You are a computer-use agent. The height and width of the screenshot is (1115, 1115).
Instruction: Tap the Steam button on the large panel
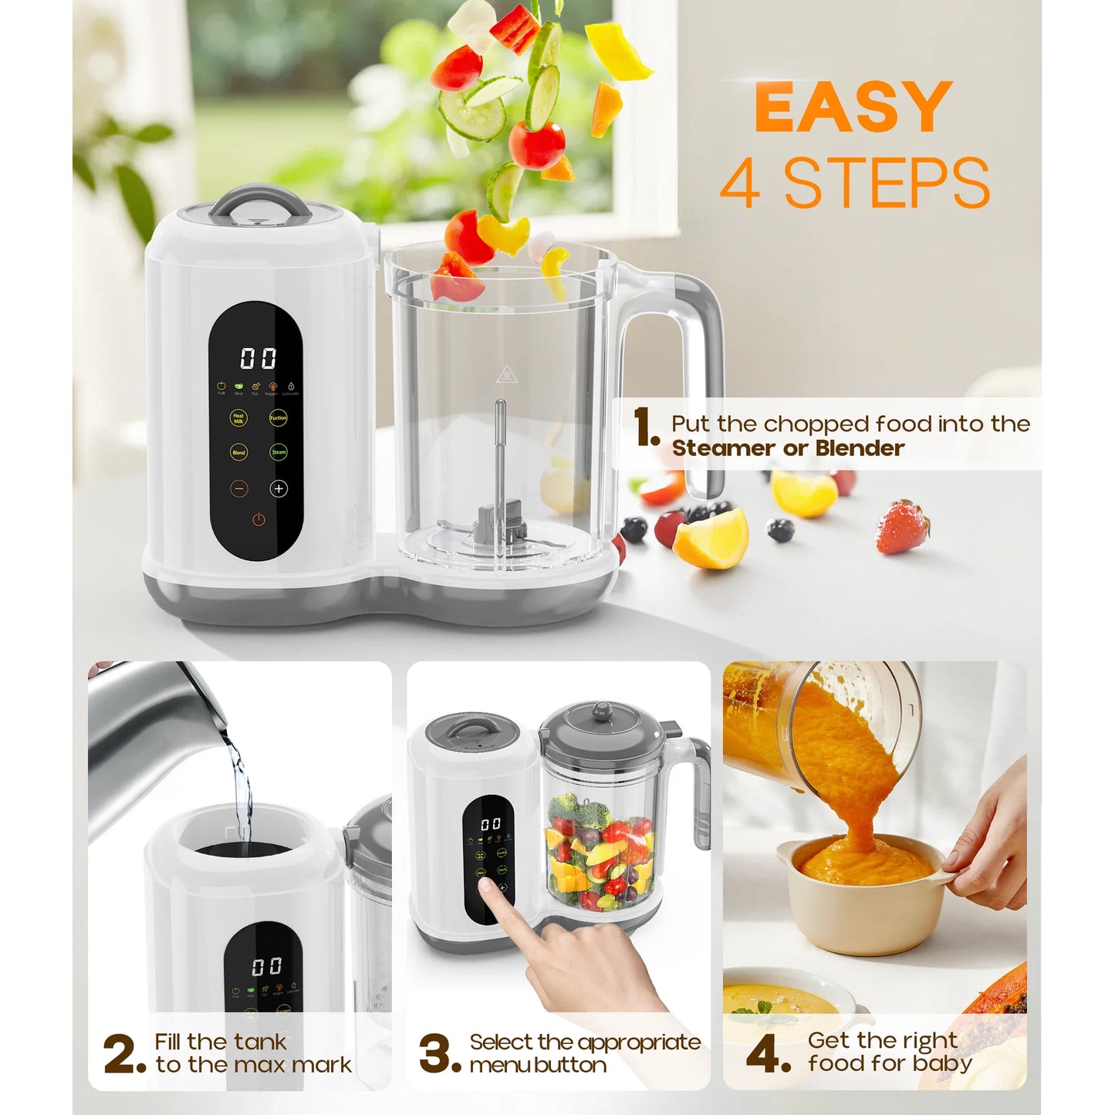tap(279, 452)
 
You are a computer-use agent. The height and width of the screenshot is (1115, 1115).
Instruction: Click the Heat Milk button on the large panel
tap(238, 418)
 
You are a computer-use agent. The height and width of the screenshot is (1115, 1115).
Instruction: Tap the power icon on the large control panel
tap(258, 520)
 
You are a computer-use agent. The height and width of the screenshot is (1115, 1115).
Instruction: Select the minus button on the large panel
tap(239, 488)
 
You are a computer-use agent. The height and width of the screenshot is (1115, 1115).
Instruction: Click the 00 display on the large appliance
tap(258, 358)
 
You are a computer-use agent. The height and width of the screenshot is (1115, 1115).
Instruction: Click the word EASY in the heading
tap(853, 108)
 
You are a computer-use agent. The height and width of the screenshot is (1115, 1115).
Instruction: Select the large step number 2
tap(123, 1054)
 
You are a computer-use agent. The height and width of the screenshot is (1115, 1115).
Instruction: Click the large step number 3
tap(440, 1054)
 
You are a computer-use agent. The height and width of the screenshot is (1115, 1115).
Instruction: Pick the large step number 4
tap(769, 1054)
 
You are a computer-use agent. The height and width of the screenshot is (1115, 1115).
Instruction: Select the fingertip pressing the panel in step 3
tap(487, 887)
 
